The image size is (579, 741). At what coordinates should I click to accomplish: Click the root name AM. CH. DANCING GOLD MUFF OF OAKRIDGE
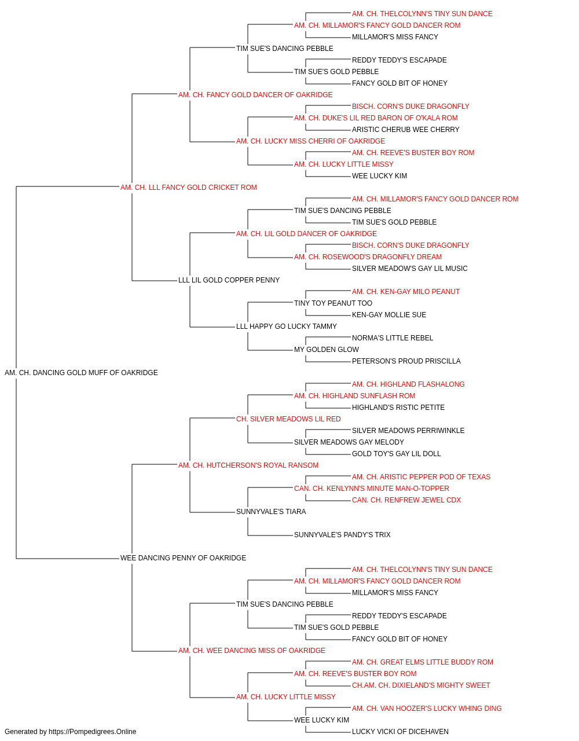tap(81, 373)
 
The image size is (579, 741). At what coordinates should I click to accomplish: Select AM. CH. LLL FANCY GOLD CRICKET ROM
tap(189, 188)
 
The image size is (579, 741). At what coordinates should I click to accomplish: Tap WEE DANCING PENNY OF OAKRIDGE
tap(183, 558)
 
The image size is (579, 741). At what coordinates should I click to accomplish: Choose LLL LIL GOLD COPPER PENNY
tap(229, 280)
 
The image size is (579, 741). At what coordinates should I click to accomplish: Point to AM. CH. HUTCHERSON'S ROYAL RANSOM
tap(248, 465)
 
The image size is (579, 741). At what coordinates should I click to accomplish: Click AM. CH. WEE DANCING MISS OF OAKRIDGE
tap(252, 650)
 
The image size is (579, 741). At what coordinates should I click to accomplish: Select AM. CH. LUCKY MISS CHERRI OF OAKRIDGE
tap(311, 141)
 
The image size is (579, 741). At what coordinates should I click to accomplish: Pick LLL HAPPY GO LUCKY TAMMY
tap(287, 327)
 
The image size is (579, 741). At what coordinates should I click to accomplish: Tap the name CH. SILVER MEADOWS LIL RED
tap(288, 419)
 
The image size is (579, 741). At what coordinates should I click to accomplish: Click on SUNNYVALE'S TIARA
tap(271, 512)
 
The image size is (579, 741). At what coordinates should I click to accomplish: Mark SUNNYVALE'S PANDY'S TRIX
tap(342, 535)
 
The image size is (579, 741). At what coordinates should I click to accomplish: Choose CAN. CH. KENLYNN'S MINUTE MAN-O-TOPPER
tap(372, 489)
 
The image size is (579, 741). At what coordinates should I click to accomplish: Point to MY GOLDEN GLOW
tap(327, 350)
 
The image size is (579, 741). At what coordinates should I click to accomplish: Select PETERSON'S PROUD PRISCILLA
tap(406, 361)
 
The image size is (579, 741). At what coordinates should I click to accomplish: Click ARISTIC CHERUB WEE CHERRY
tap(406, 130)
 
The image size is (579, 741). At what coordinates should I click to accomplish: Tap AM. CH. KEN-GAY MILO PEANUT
tap(406, 292)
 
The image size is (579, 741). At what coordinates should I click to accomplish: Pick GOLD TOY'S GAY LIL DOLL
tap(396, 453)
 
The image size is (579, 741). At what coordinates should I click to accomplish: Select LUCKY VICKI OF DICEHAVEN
tap(400, 732)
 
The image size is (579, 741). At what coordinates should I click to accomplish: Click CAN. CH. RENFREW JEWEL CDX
tap(406, 500)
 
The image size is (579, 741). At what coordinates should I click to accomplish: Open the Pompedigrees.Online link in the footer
tap(93, 732)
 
